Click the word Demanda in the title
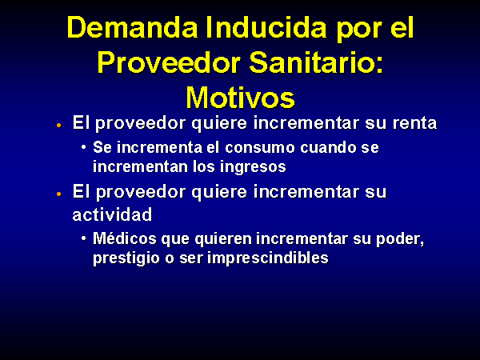tap(133, 27)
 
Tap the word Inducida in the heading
tap(266, 27)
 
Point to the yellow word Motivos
tap(240, 98)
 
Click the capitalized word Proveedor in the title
tap(170, 63)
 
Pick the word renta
tap(414, 123)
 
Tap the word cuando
tap(328, 147)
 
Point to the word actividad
tap(112, 214)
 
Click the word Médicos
tap(125, 238)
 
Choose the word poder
tap(400, 239)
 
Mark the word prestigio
tap(126, 258)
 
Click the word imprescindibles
tap(268, 258)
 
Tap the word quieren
tap(223, 239)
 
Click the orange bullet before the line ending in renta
tap(58, 125)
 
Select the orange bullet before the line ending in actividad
tap(58, 194)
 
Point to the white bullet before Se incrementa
tap(83, 147)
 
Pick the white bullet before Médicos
tap(83, 238)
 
